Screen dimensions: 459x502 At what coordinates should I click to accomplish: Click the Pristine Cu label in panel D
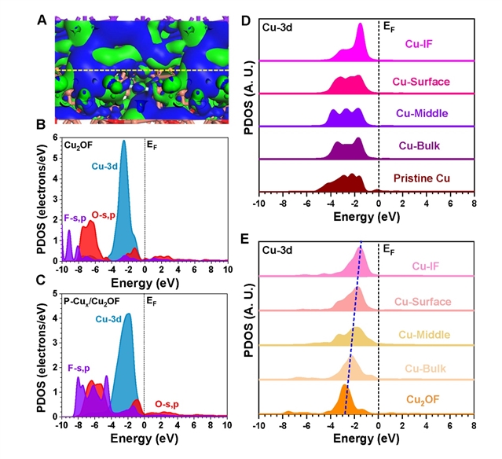pos(423,178)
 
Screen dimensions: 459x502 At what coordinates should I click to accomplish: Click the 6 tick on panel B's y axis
pos(53,138)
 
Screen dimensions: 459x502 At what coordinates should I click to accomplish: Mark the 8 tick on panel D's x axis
pos(473,204)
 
